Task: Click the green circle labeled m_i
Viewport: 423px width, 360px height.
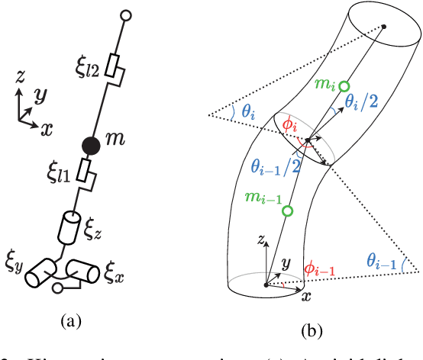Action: [344, 86]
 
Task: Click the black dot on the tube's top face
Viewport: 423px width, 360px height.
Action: [384, 27]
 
